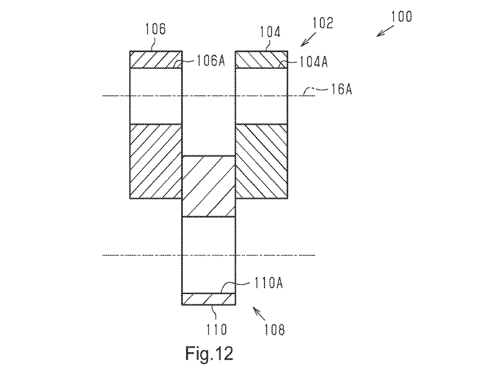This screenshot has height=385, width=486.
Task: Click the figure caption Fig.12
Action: (x=210, y=354)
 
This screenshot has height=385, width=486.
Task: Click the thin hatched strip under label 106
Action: (x=156, y=60)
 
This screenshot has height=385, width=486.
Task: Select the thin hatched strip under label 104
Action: (x=261, y=60)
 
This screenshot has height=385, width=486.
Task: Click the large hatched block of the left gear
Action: (x=156, y=161)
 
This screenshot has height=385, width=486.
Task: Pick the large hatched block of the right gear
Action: (x=261, y=161)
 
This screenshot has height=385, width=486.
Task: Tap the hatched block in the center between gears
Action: (x=209, y=186)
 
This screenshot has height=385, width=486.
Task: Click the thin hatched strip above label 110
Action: (x=209, y=299)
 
